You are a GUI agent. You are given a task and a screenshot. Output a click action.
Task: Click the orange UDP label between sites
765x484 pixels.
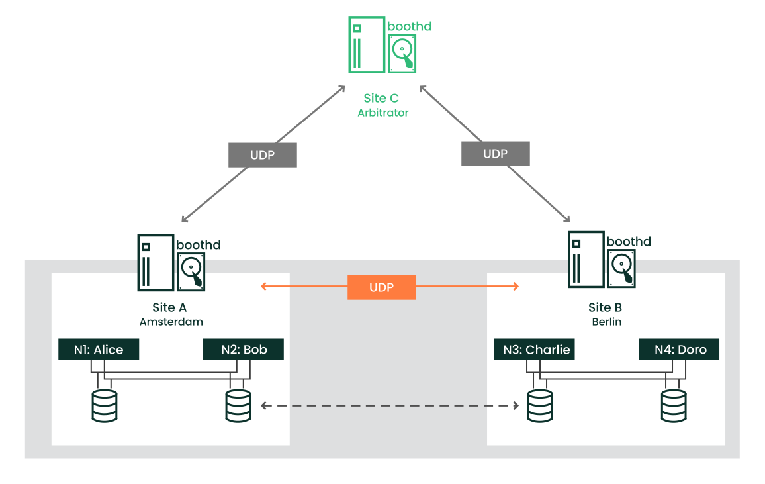point(382,287)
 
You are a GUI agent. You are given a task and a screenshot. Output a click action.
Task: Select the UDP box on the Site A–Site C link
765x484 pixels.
point(263,155)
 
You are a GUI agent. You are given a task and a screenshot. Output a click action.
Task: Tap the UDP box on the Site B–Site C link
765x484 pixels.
point(495,154)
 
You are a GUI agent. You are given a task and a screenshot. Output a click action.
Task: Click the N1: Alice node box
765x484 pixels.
point(99,350)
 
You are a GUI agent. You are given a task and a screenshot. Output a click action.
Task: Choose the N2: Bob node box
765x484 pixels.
point(244,350)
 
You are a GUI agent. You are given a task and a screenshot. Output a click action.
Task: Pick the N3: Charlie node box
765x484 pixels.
point(534,350)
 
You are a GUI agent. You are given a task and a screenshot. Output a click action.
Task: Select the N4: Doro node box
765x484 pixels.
point(679,350)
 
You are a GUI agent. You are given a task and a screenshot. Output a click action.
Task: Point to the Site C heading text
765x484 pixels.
point(381,99)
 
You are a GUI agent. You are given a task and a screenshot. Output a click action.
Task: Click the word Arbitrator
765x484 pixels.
point(383,113)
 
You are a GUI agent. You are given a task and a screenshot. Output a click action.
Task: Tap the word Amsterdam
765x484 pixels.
point(171,322)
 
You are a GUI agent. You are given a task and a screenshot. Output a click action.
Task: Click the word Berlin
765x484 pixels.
point(605,322)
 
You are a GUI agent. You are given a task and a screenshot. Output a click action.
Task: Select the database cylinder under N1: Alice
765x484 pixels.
point(105,406)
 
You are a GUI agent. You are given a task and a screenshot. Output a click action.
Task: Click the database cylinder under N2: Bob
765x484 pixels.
point(238,406)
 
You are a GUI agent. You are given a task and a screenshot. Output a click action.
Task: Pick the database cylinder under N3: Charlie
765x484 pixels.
point(540,406)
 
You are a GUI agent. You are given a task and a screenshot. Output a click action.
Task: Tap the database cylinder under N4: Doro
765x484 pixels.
point(674,406)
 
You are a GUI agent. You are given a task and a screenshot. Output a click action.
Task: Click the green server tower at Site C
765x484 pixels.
point(366,44)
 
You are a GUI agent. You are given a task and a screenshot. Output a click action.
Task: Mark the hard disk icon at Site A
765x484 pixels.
point(192,272)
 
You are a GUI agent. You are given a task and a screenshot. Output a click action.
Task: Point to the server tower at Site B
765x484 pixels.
point(586,259)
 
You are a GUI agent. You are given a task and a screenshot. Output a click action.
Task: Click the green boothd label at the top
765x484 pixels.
point(410,26)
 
